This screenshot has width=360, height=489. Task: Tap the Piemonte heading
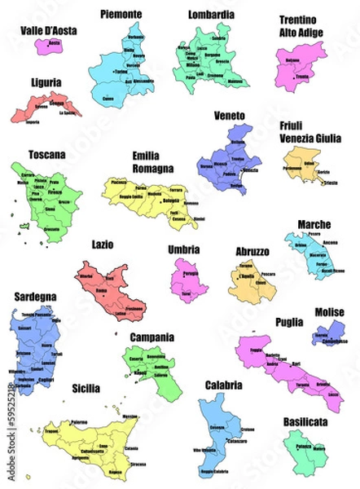tap(121, 14)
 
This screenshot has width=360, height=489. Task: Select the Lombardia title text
tap(211, 15)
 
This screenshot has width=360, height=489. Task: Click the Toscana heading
tap(47, 153)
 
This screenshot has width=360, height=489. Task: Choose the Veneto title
tap(229, 116)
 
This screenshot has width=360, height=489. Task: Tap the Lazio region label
tap(103, 244)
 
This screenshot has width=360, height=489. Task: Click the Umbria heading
tap(183, 249)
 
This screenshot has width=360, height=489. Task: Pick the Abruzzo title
tap(252, 252)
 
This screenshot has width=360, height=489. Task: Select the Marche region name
tap(314, 223)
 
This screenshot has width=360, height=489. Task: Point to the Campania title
tap(151, 336)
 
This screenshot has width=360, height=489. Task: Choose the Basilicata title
tap(305, 421)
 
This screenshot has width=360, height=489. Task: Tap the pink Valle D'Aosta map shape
tap(50, 46)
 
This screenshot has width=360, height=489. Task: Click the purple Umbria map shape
tap(189, 280)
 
